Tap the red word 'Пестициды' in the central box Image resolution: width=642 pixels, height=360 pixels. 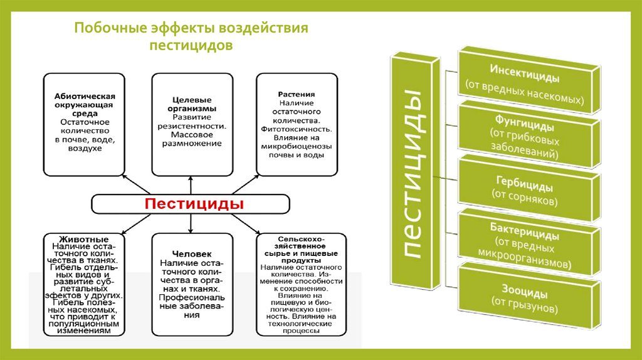coord(194,204)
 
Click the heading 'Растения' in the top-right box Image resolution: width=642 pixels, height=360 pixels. coord(297,94)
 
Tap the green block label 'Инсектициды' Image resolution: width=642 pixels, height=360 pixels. coord(525,67)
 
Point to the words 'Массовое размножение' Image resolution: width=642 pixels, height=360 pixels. coord(192,139)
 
